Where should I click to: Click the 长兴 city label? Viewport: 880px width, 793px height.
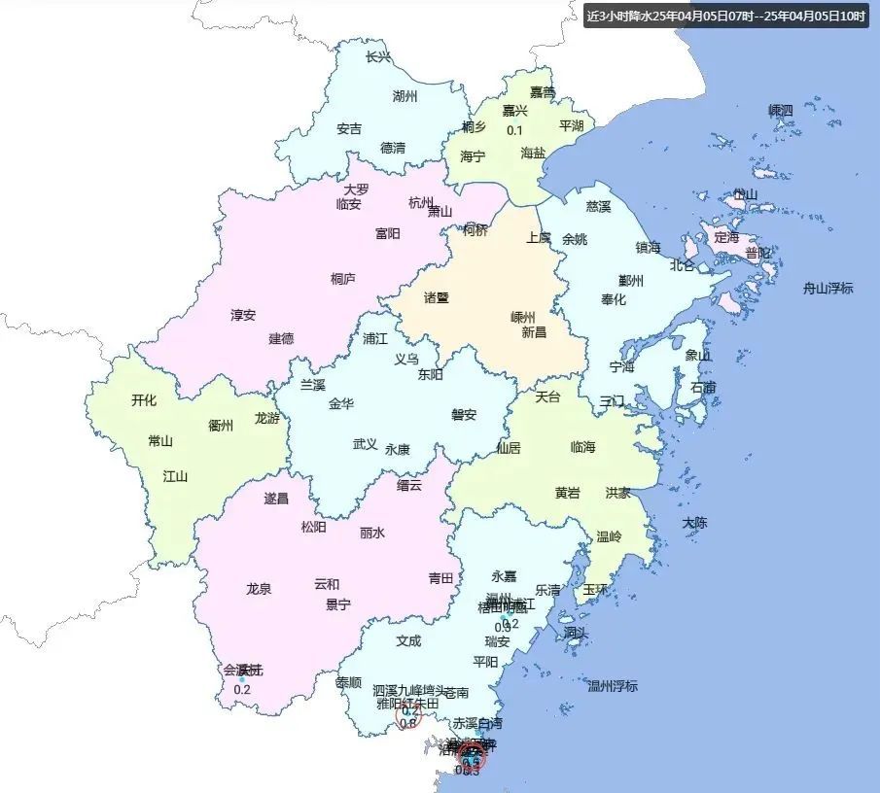coord(378,57)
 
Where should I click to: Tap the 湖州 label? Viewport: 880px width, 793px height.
coord(405,96)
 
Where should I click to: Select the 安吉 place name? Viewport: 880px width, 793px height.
coord(349,128)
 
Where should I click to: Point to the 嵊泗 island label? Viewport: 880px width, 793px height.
coord(781,111)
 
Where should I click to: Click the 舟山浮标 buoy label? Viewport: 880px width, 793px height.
coord(827,288)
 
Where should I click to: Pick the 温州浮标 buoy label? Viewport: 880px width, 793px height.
coord(613,686)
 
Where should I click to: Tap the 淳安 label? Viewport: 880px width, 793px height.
coord(243,315)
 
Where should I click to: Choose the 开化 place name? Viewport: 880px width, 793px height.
coord(144,399)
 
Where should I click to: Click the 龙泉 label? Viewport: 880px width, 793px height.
coord(259,588)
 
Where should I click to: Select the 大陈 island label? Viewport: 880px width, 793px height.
coord(694,523)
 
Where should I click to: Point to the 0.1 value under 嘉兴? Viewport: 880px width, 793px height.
coord(515,131)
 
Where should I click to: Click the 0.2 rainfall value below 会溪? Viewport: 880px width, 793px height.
coord(242,690)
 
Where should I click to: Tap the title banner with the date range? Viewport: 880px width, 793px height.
coord(726,17)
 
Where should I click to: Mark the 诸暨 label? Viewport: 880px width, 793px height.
coord(437,298)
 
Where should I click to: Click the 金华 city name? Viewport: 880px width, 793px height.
coord(341,403)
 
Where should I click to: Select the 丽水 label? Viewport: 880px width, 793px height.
coord(372,533)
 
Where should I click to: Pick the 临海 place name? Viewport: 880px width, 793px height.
coord(582,447)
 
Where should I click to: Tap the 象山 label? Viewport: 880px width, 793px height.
coord(698,356)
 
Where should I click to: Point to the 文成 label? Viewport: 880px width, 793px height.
coord(408,641)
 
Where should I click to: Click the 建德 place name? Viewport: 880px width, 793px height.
coord(281,339)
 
